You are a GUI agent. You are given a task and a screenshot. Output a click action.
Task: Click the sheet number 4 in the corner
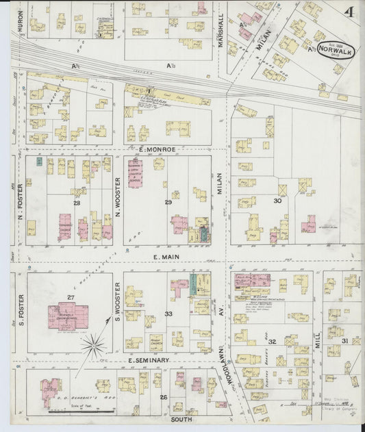pyautogui.click(x=349, y=12)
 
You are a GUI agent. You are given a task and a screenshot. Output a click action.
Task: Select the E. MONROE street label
pyautogui.click(x=158, y=149)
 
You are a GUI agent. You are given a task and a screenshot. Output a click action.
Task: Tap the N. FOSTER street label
pyautogui.click(x=21, y=203)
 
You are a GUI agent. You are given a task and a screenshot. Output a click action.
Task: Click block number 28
pyautogui.click(x=77, y=203)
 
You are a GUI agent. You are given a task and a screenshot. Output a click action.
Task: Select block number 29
pyautogui.click(x=168, y=203)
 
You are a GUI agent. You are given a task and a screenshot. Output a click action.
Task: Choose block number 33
pyautogui.click(x=168, y=314)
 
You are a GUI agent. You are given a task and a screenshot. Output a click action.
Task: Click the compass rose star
pyautogui.click(x=93, y=345)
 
